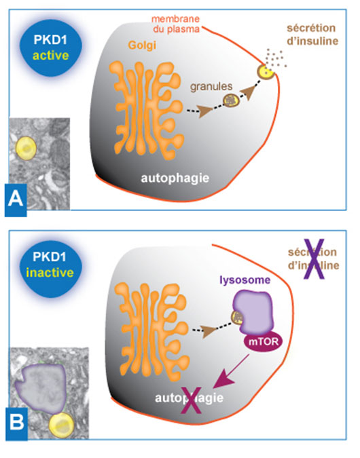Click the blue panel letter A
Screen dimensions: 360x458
(x=16, y=199)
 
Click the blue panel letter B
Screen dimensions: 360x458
(x=16, y=422)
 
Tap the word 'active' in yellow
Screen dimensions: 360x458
(x=50, y=55)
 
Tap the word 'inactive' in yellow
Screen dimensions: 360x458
(x=50, y=273)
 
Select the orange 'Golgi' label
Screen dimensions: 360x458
(x=142, y=46)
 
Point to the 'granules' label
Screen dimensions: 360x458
(x=211, y=86)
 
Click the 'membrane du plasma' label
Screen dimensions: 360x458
(x=175, y=24)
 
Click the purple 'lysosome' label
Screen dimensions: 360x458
(x=245, y=280)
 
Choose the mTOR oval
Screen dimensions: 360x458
(x=263, y=341)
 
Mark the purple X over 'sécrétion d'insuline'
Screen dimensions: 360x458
(x=314, y=259)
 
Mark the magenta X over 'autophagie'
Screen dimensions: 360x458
(x=192, y=400)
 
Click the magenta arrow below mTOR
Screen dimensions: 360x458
(x=232, y=371)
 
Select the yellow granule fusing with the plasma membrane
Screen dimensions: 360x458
(x=266, y=72)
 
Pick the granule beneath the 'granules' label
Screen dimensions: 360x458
(x=232, y=100)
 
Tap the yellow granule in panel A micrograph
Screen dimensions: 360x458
(x=26, y=149)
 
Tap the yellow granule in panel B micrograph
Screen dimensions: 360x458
(x=61, y=425)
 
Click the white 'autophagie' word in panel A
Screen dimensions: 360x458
(x=175, y=178)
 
